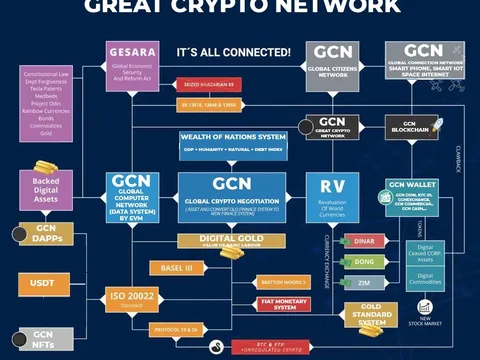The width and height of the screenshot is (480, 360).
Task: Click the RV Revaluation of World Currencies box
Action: click(333, 197)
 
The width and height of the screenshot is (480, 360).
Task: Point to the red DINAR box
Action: click(362, 241)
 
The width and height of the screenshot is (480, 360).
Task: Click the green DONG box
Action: click(362, 263)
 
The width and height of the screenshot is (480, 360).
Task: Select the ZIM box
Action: click(362, 284)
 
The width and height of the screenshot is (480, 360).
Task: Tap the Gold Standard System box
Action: click(372, 314)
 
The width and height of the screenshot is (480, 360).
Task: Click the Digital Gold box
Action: click(231, 240)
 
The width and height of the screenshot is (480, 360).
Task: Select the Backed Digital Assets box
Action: click(44, 188)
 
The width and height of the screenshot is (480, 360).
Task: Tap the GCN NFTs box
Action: click(42, 339)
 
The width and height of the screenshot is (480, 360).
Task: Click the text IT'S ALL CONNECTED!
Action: click(233, 51)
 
